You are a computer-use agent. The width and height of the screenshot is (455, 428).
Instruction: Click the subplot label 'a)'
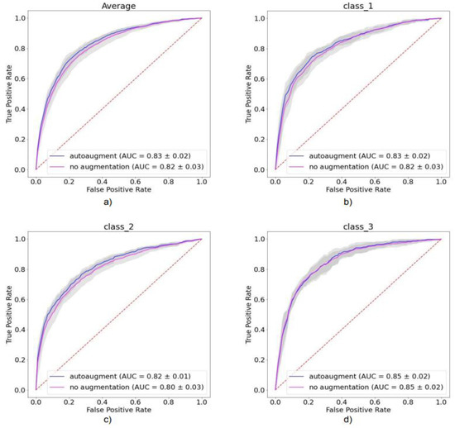click(118, 201)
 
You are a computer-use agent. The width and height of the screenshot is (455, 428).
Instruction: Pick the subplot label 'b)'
click(347, 201)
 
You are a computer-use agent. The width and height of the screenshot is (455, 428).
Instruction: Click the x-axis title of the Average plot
click(117, 188)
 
